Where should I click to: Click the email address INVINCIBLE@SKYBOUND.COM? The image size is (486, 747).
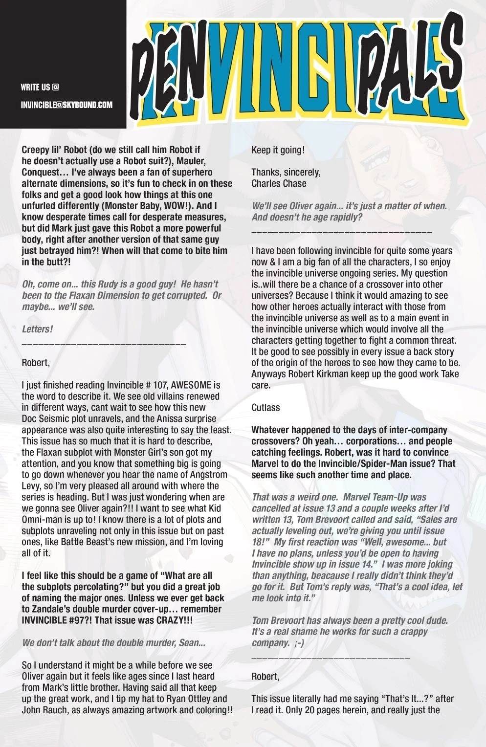[66, 105]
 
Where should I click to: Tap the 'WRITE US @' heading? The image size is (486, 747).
[40, 88]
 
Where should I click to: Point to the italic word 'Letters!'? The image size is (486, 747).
[37, 329]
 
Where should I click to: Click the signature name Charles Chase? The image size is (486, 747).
[279, 183]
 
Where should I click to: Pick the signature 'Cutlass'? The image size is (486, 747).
[265, 407]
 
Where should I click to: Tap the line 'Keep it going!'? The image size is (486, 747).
[278, 150]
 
